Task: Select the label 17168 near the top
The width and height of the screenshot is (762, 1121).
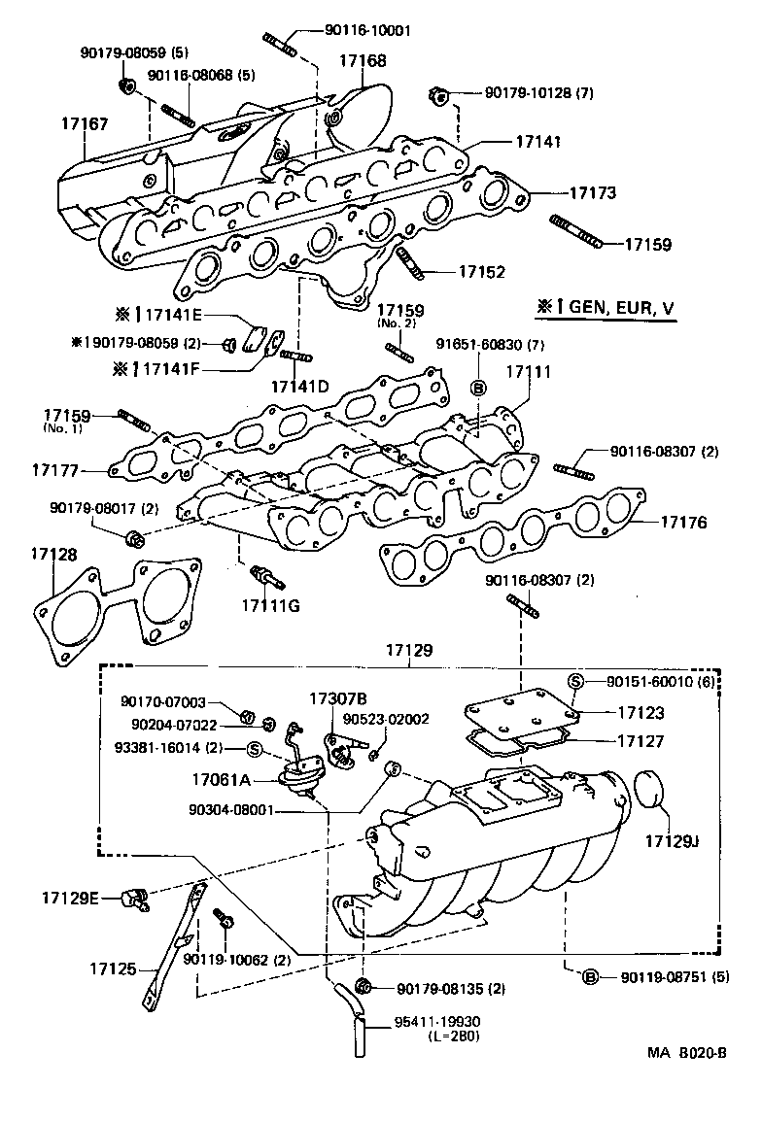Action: (362, 61)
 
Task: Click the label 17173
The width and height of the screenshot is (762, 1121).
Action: (592, 193)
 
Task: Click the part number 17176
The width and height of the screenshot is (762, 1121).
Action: (684, 523)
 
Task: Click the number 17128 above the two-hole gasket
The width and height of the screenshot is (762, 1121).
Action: (53, 554)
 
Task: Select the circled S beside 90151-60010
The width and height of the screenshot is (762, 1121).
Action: (574, 682)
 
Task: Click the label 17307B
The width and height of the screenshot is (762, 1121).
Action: (338, 698)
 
